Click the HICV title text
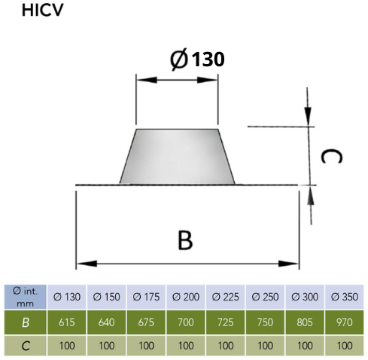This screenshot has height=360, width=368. click(x=42, y=11)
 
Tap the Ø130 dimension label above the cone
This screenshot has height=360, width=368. click(x=197, y=59)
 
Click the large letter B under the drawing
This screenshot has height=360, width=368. click(x=185, y=240)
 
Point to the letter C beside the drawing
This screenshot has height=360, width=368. click(x=331, y=156)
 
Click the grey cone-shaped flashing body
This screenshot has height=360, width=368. click(x=177, y=157)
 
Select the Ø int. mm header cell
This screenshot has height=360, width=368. click(x=26, y=297)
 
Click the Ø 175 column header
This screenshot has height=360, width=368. click(x=146, y=297)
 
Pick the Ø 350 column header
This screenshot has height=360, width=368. click(x=344, y=297)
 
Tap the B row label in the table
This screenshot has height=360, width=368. click(x=26, y=322)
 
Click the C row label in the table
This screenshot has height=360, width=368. click(x=26, y=346)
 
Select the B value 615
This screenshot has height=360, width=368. click(x=67, y=322)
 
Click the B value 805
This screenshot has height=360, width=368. click(x=305, y=322)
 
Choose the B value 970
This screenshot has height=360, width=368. click(x=345, y=322)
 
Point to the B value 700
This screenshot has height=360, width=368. click(x=186, y=322)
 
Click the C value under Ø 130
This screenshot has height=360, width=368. click(x=67, y=346)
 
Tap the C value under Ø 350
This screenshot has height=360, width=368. click(x=345, y=346)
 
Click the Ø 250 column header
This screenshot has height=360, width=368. click(x=265, y=297)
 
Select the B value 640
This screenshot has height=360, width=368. click(x=106, y=322)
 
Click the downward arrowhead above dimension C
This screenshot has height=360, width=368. click(x=308, y=116)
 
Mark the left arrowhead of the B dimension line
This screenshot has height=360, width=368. click(x=87, y=264)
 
